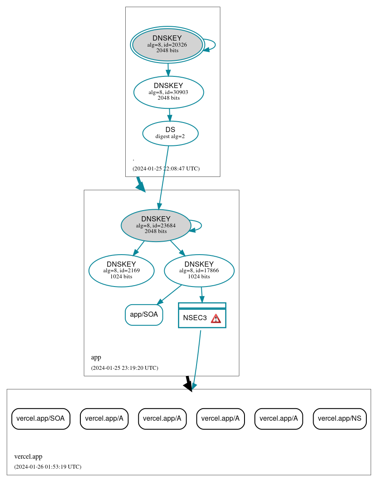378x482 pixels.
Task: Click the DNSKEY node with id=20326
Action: coord(168,45)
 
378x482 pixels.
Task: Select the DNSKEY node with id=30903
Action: coord(168,92)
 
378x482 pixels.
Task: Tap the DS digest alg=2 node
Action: coord(170,133)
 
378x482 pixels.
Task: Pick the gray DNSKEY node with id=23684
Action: coord(156,225)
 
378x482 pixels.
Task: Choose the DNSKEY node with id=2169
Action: coord(121,271)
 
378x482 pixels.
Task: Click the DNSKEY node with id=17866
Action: coord(199,271)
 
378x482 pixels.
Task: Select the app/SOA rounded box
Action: coord(144,315)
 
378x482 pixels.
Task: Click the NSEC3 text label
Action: coord(195,318)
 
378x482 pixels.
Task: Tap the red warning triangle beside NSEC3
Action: coord(216,318)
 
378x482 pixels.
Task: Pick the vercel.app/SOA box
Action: coord(41,419)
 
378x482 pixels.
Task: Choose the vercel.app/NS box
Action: coord(340,419)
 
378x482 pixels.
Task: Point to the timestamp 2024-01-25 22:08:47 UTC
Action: coord(166,169)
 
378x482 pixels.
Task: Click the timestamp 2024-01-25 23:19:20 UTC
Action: coord(124,368)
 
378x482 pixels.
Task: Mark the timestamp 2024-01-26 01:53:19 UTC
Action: coord(48,467)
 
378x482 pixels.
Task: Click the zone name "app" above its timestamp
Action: coord(96,358)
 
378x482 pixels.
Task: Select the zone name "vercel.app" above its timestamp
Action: coord(28,457)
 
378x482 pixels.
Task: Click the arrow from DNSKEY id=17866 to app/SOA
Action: coord(170,294)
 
